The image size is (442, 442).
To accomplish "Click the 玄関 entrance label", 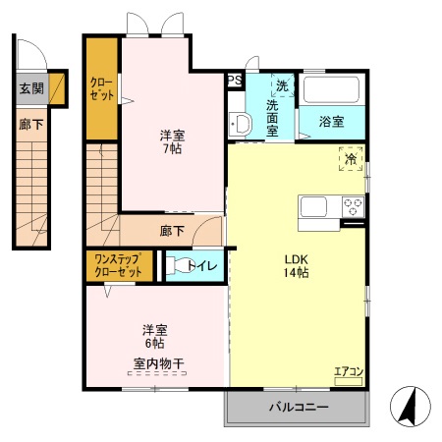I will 30,88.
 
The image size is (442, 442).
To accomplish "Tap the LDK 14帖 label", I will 296,265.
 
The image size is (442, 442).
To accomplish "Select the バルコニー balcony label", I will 296,406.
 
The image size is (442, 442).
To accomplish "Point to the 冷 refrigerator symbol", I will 351,156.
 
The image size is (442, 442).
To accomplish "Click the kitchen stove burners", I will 354,206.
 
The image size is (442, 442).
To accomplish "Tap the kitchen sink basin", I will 315,206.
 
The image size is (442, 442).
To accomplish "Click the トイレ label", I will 203,265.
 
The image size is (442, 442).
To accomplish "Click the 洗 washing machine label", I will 282,84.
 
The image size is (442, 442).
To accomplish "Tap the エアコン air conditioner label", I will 348,370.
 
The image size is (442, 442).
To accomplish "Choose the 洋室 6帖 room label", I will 153,336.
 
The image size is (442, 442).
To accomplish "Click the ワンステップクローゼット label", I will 118,265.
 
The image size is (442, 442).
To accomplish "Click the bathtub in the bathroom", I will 334,90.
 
